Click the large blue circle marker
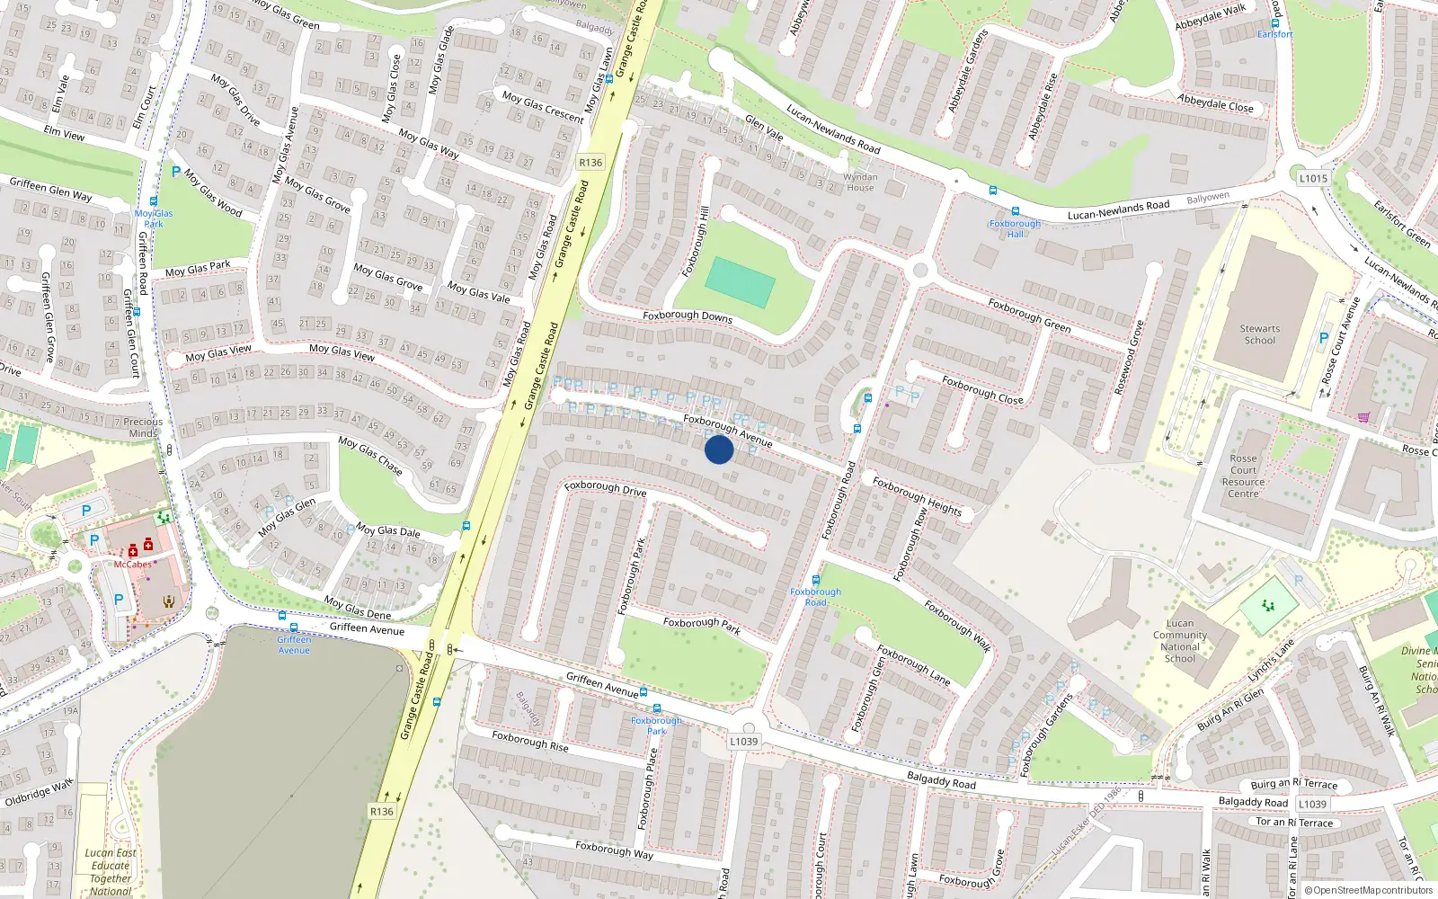[719, 449]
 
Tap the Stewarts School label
[1260, 334]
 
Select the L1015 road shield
[1313, 178]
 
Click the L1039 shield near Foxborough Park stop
[743, 741]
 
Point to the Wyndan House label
[860, 182]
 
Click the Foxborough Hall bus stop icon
[1015, 212]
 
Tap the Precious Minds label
[143, 427]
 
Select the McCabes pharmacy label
[133, 565]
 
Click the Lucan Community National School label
[1180, 641]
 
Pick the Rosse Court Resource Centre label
[1243, 476]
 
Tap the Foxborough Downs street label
[688, 316]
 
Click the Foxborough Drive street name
[606, 488]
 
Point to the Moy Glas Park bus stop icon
[154, 201]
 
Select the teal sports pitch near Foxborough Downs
[740, 282]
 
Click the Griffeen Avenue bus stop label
[294, 645]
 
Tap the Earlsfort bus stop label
[1275, 34]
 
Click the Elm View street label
[64, 133]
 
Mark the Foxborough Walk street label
[957, 626]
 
